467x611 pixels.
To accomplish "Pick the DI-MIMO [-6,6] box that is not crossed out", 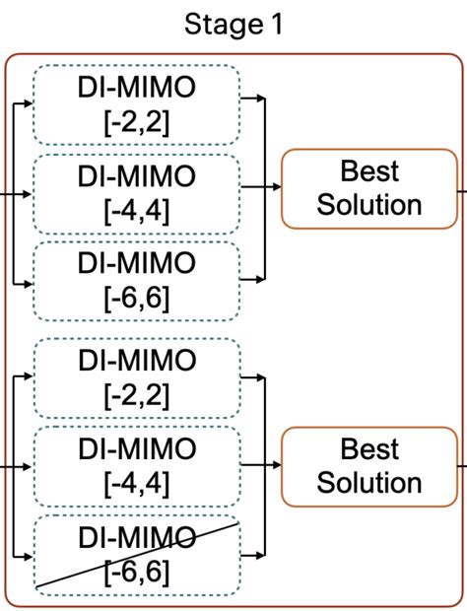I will (137, 280).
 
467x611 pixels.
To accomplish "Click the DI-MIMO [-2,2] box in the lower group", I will (137, 377).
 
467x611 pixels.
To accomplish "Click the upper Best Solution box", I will (369, 188).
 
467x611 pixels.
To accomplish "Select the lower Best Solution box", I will (369, 465).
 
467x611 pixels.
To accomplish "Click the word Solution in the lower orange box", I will (369, 483).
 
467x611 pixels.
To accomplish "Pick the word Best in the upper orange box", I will (369, 171).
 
